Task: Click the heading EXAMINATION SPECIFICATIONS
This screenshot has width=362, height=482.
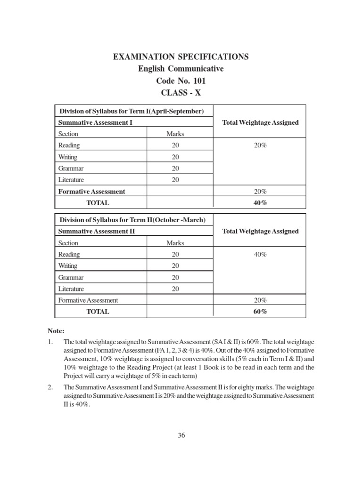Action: pos(181,57)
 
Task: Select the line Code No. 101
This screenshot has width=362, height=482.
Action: pos(181,80)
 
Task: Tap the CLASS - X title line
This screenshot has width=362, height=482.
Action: pos(181,92)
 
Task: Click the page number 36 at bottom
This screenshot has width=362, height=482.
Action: pos(181,435)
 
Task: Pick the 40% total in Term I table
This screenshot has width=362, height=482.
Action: pos(260,203)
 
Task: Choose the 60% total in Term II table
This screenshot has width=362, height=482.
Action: pos(260,312)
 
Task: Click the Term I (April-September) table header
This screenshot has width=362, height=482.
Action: pos(131,111)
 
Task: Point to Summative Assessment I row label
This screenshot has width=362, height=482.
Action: pos(95,122)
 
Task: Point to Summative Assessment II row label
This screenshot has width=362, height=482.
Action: pos(96,231)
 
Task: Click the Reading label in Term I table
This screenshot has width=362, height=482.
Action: pos(69,145)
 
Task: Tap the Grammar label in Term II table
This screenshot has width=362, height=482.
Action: pos(71,278)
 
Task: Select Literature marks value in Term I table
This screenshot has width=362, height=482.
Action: pos(175,180)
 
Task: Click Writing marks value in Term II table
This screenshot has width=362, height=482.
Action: pos(175,266)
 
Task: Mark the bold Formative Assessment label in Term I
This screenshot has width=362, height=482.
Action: pos(91,192)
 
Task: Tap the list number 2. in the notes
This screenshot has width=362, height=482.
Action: pos(51,386)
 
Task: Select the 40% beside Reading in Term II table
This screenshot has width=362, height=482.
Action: pos(260,254)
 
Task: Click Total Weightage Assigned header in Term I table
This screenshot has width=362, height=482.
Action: pos(260,122)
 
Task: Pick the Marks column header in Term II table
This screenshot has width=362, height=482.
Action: pos(175,243)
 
